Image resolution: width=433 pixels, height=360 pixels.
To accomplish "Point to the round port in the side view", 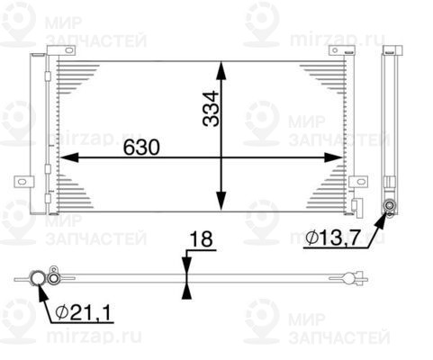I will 390,208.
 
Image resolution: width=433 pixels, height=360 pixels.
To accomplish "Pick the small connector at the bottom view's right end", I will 361,275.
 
